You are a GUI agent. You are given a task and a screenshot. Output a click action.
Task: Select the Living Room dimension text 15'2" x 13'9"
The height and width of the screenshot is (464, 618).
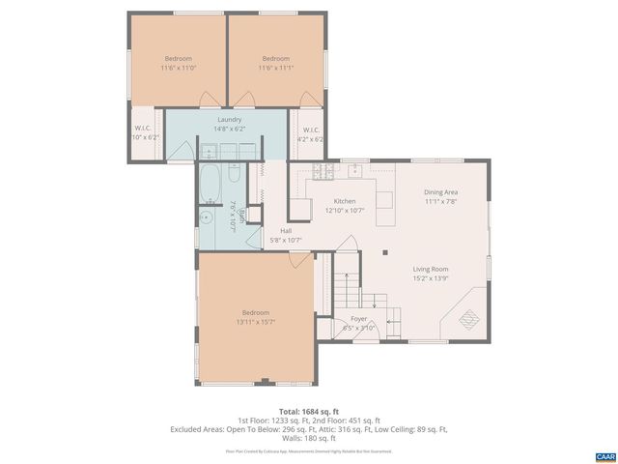pos(431,279)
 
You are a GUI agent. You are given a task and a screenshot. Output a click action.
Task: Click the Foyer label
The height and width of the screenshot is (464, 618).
pos(358,318)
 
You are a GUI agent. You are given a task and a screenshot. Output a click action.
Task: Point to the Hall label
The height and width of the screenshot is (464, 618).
pos(286,231)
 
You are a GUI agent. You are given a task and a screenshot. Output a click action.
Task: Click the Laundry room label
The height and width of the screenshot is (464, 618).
pos(229,119)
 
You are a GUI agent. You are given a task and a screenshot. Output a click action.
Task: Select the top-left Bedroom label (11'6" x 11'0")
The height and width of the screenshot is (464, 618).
pos(179,58)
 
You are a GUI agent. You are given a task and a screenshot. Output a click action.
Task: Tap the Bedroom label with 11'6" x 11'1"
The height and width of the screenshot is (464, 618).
pos(276,58)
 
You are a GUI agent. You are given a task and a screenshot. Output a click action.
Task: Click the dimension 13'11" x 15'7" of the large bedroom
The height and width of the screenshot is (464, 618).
pos(256,322)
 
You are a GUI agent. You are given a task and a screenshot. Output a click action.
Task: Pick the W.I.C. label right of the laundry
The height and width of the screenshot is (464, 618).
pos(312,130)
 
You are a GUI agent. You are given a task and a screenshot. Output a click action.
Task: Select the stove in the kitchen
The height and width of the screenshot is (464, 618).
pos(322,172)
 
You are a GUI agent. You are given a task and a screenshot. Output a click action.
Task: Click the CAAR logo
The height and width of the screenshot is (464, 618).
pos(604,455)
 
